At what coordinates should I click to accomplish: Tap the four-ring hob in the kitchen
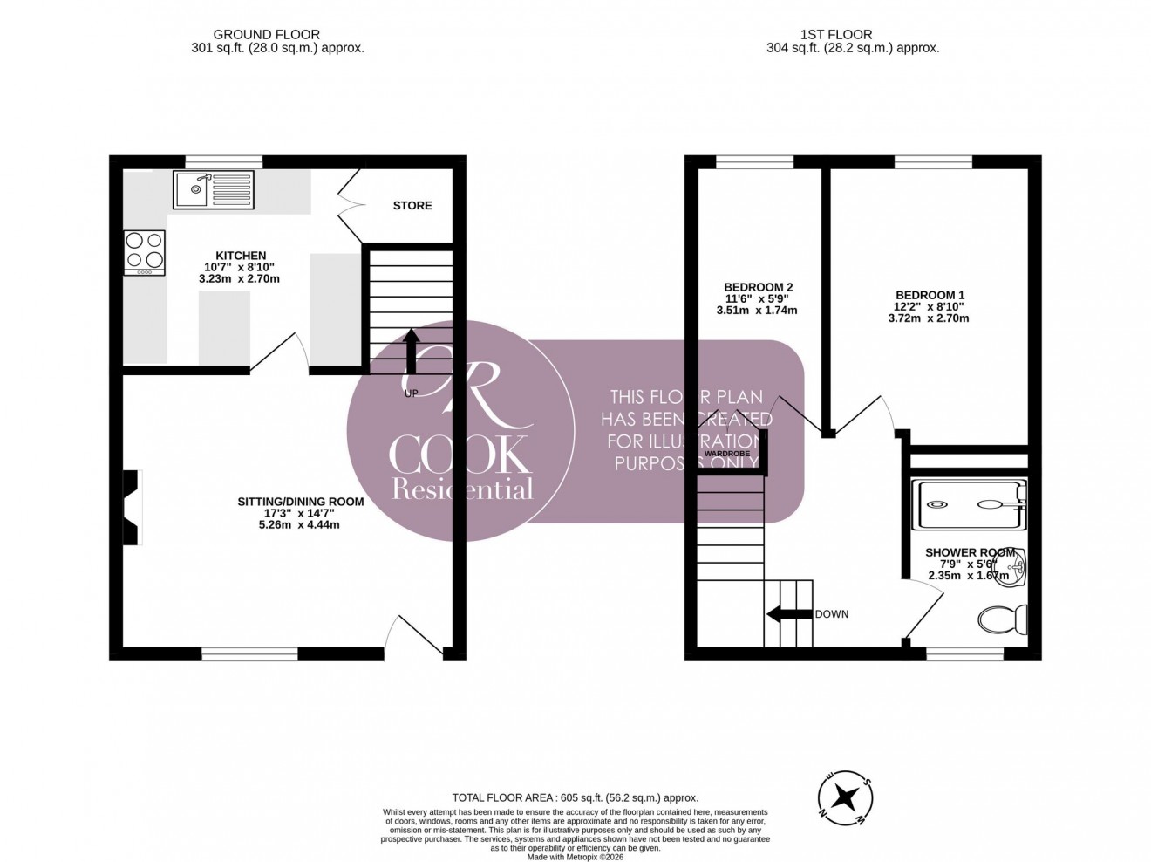(144, 251)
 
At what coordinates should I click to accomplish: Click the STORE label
(412, 206)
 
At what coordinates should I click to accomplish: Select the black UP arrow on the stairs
(412, 351)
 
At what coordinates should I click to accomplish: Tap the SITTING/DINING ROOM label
(301, 502)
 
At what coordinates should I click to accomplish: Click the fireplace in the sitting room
(132, 508)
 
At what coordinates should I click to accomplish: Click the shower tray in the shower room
(968, 504)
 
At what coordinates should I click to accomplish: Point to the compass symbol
(843, 796)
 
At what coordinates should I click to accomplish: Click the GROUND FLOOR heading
(277, 36)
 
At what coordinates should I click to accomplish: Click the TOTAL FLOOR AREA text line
(575, 797)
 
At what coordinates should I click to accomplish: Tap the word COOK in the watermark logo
(460, 454)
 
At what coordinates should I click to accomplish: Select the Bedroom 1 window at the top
(933, 161)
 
